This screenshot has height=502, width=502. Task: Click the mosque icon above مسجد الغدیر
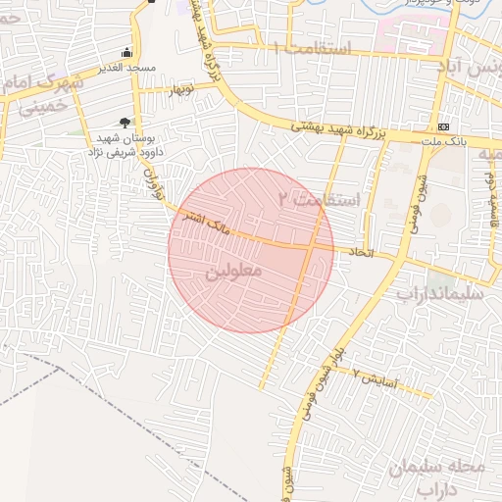tap(125, 53)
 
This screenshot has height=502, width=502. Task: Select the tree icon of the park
tap(125, 123)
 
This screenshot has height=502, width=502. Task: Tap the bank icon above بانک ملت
tap(444, 126)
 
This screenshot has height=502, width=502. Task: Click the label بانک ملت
tap(442, 142)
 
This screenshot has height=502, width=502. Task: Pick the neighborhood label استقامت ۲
tap(319, 199)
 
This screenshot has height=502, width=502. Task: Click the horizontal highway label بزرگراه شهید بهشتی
tap(348, 128)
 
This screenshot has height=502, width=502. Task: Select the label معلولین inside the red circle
tap(232, 270)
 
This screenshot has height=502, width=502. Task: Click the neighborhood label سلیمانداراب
tap(450, 292)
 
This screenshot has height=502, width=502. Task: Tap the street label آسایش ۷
tap(374, 379)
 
